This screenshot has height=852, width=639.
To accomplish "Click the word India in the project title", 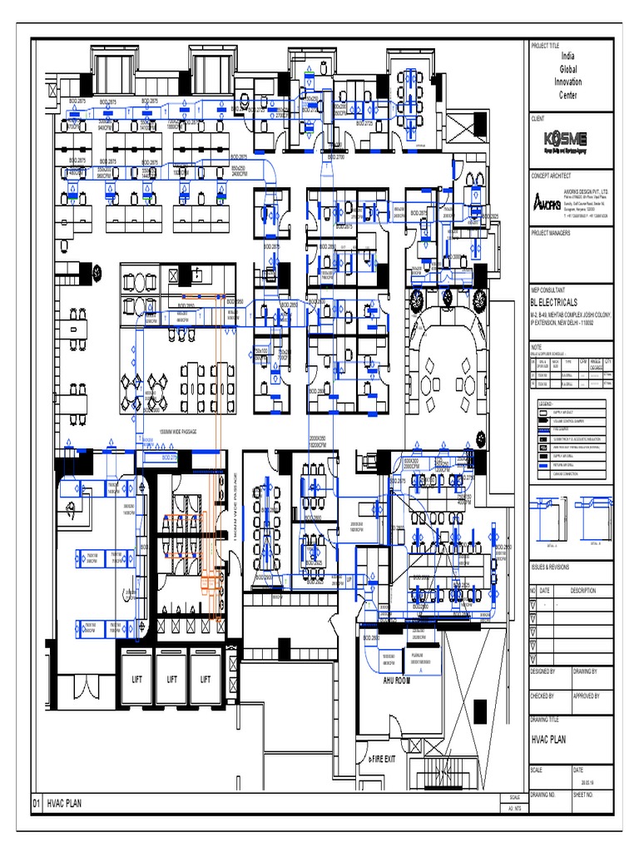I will pos(568,55).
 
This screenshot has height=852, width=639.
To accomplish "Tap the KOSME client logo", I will pos(565,139).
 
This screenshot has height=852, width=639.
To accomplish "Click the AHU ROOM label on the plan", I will pos(397,681).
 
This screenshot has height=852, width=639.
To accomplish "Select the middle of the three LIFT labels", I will pos(171,679).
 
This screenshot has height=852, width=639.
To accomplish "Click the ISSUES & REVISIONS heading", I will pos(550,567).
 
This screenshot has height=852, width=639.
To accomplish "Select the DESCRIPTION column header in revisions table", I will pos(582,590).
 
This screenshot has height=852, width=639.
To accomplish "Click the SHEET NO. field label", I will pos(585,795).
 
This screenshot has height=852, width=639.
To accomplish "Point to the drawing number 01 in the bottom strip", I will pos(37,804).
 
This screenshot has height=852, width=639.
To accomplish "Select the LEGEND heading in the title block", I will pos(545,403).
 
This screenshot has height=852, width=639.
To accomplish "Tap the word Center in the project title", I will pos(568,95).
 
